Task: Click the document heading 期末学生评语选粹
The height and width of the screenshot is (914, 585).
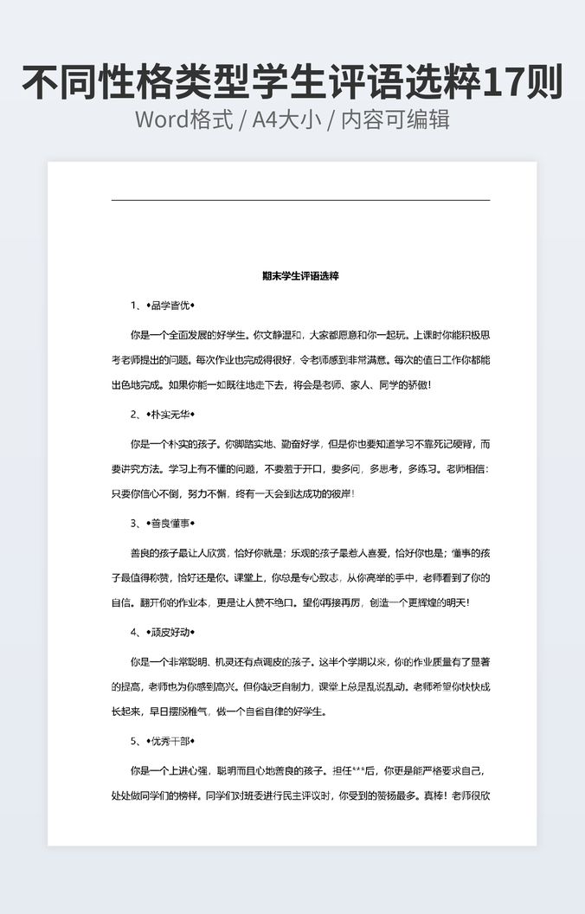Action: (x=300, y=276)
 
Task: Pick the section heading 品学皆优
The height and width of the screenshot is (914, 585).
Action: (x=172, y=305)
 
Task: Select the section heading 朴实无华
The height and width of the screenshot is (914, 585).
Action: (x=172, y=415)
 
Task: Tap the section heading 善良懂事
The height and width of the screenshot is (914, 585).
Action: (x=172, y=523)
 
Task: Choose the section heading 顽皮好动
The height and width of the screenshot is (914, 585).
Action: (x=172, y=632)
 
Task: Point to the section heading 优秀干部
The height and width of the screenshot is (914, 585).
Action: (x=172, y=741)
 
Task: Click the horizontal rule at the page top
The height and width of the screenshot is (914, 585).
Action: (x=300, y=200)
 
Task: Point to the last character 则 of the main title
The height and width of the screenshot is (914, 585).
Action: (x=547, y=81)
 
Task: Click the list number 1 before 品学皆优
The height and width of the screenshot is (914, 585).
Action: (x=134, y=305)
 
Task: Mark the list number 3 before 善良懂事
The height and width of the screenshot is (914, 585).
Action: (x=134, y=523)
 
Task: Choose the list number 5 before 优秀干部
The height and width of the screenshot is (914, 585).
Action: (x=134, y=741)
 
